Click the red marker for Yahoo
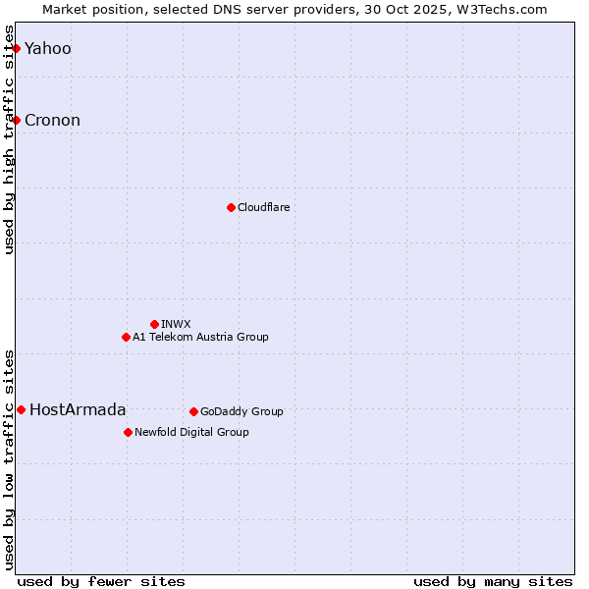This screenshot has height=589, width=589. coord(16,48)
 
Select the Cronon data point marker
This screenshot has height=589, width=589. coord(16,120)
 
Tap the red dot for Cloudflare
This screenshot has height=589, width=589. coord(231,207)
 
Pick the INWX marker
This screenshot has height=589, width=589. coord(154,324)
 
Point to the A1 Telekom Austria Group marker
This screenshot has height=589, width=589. coord(126,337)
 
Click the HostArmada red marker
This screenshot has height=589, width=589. coord(21,409)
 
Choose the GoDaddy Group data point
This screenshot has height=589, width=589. coord(193,411)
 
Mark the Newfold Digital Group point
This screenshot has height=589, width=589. coord(128,432)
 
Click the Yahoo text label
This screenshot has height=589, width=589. coord(48,48)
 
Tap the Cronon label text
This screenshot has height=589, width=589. coord(53,120)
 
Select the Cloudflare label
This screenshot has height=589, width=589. coord(264,207)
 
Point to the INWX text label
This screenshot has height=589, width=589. coord(177,324)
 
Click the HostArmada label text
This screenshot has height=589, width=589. coord(79,409)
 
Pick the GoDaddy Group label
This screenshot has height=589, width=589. coord(241,411)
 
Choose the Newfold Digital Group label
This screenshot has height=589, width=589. coord(191,432)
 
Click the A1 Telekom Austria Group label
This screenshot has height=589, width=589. coord(200,337)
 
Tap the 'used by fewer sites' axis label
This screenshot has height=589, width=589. coord(101,581)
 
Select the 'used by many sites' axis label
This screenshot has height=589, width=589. coord(493,581)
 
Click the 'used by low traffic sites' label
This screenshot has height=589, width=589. coord(9,458)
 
